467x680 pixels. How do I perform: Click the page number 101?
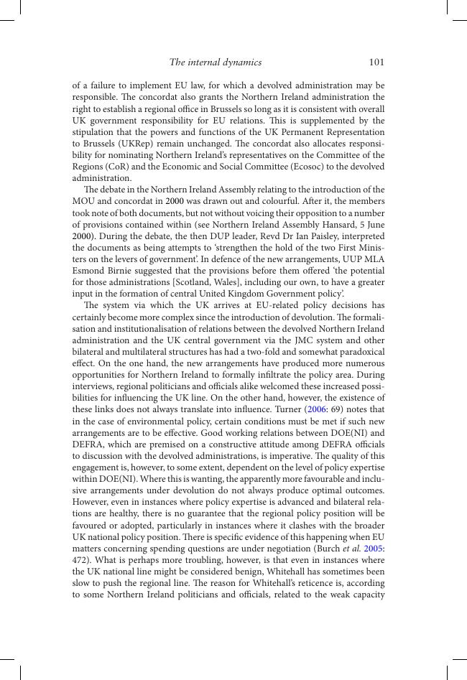pos(376,62)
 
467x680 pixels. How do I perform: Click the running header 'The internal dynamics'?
pos(216,62)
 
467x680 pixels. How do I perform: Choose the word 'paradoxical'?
pos(358,352)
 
